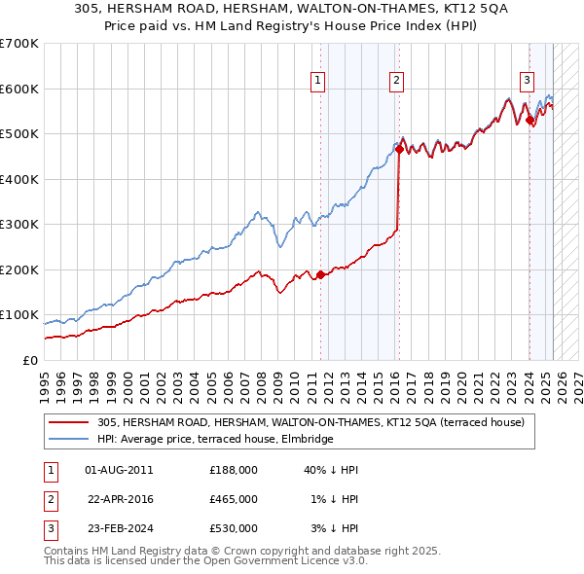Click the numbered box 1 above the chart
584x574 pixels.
(319, 82)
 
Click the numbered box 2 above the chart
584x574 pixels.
(397, 82)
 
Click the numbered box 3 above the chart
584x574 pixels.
(527, 82)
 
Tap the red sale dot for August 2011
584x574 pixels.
(320, 275)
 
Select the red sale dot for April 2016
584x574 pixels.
(399, 150)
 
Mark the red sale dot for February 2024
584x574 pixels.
(529, 121)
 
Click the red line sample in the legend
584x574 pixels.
(68, 423)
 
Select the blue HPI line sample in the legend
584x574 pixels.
(68, 440)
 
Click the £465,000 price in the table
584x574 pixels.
(234, 499)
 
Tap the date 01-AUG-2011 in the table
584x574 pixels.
(120, 470)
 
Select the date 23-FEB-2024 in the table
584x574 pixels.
(120, 528)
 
